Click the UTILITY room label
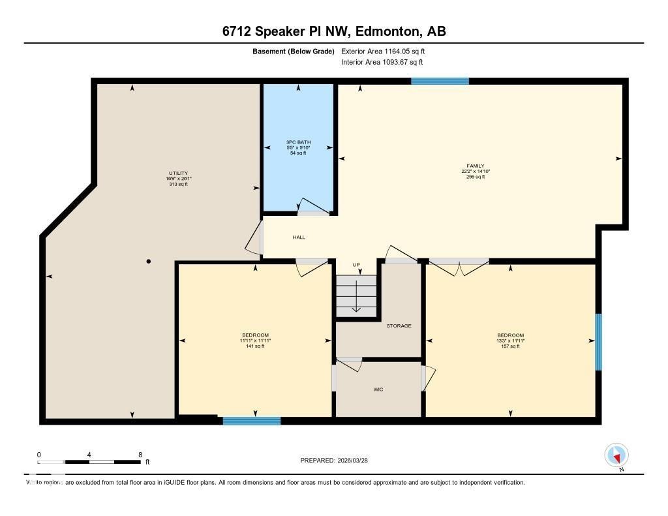coord(178,173)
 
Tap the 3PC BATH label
coord(298,142)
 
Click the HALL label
coord(299,237)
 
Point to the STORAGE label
coord(399,326)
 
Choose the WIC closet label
coord(378,389)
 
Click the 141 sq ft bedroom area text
coord(255,346)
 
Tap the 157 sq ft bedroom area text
coord(510,346)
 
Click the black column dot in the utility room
coord(149,262)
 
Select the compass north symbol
coord(616,455)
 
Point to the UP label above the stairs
coord(356,265)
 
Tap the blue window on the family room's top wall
coord(440,82)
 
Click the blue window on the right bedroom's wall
coord(598,342)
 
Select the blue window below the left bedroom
coord(252,421)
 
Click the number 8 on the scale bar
coord(140,454)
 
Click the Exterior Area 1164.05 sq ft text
coord(383,51)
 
